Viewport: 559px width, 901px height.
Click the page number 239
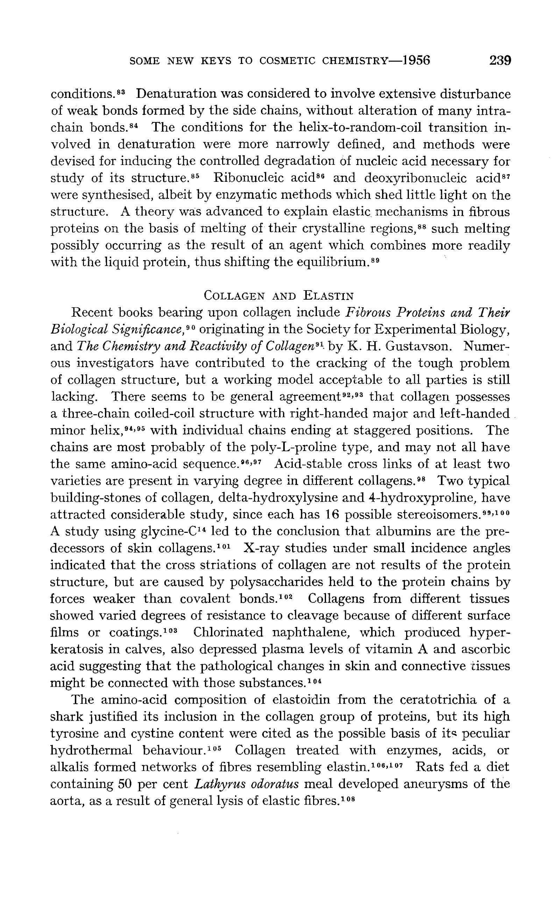[x=500, y=60]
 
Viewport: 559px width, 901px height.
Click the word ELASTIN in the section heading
[x=329, y=296]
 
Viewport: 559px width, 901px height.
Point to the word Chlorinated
[x=228, y=632]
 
